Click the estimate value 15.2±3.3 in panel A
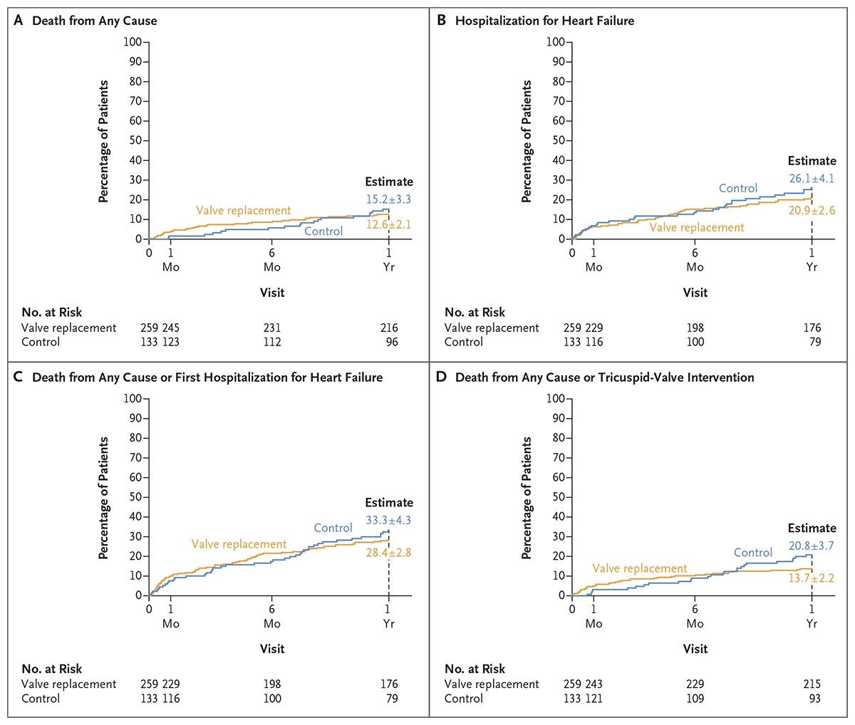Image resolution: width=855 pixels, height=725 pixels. [x=388, y=199]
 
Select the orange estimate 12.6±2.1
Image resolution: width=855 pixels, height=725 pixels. [x=388, y=225]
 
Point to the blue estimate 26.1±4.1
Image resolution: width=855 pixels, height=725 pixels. [x=812, y=179]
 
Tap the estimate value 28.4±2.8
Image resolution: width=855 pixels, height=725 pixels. [x=388, y=552]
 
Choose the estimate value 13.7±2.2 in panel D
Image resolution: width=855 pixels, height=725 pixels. [x=812, y=578]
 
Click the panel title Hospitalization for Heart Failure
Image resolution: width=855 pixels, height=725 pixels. [x=544, y=21]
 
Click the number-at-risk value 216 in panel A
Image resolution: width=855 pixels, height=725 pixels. [x=388, y=328]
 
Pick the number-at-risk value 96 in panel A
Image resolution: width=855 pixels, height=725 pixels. [x=391, y=342]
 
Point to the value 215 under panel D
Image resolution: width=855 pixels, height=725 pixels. [x=812, y=684]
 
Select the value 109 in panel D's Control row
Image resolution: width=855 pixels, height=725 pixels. [x=695, y=699]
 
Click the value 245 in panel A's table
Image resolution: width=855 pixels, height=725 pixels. [x=171, y=328]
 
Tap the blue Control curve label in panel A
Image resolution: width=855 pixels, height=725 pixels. [x=323, y=231]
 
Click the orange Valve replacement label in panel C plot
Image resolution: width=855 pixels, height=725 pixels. [x=239, y=544]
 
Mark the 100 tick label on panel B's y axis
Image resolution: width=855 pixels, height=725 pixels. [x=555, y=41]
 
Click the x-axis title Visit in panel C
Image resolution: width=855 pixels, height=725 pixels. [x=272, y=649]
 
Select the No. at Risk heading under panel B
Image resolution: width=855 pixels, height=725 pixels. [x=475, y=312]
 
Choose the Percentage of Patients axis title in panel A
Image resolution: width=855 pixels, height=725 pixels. [x=104, y=141]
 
